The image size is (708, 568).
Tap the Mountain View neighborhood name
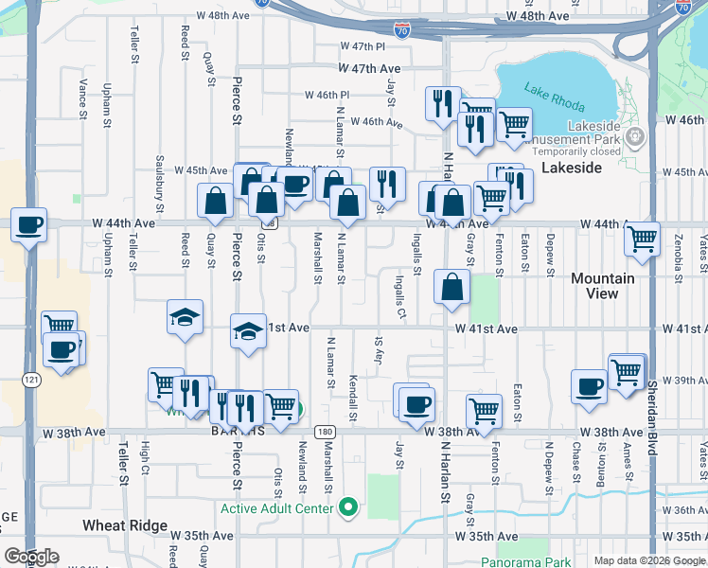(603, 286)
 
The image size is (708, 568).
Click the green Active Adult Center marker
(348, 508)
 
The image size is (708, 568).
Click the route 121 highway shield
(32, 379)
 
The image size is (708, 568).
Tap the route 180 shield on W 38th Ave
(325, 432)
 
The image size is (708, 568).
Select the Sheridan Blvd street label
(652, 417)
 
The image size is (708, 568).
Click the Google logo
(31, 556)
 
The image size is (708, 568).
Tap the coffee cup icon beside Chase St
(589, 386)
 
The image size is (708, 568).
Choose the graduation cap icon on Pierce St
(248, 331)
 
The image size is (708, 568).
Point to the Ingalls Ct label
(400, 297)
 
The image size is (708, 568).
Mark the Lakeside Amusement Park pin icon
(634, 138)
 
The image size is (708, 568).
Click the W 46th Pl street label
(327, 95)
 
